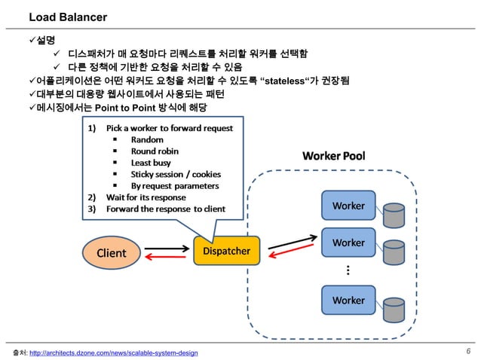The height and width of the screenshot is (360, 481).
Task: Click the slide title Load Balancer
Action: pyautogui.click(x=68, y=17)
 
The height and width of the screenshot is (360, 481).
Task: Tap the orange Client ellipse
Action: pyautogui.click(x=111, y=253)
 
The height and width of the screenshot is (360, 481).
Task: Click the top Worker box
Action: pyautogui.click(x=348, y=206)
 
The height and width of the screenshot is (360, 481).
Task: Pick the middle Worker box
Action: pyautogui.click(x=348, y=243)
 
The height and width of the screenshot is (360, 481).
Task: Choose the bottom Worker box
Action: pyautogui.click(x=348, y=300)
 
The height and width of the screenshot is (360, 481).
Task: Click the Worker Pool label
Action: pyautogui.click(x=333, y=156)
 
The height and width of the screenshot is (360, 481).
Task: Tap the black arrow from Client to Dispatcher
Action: pyautogui.click(x=165, y=247)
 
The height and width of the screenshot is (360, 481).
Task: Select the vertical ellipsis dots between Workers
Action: pyautogui.click(x=348, y=271)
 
